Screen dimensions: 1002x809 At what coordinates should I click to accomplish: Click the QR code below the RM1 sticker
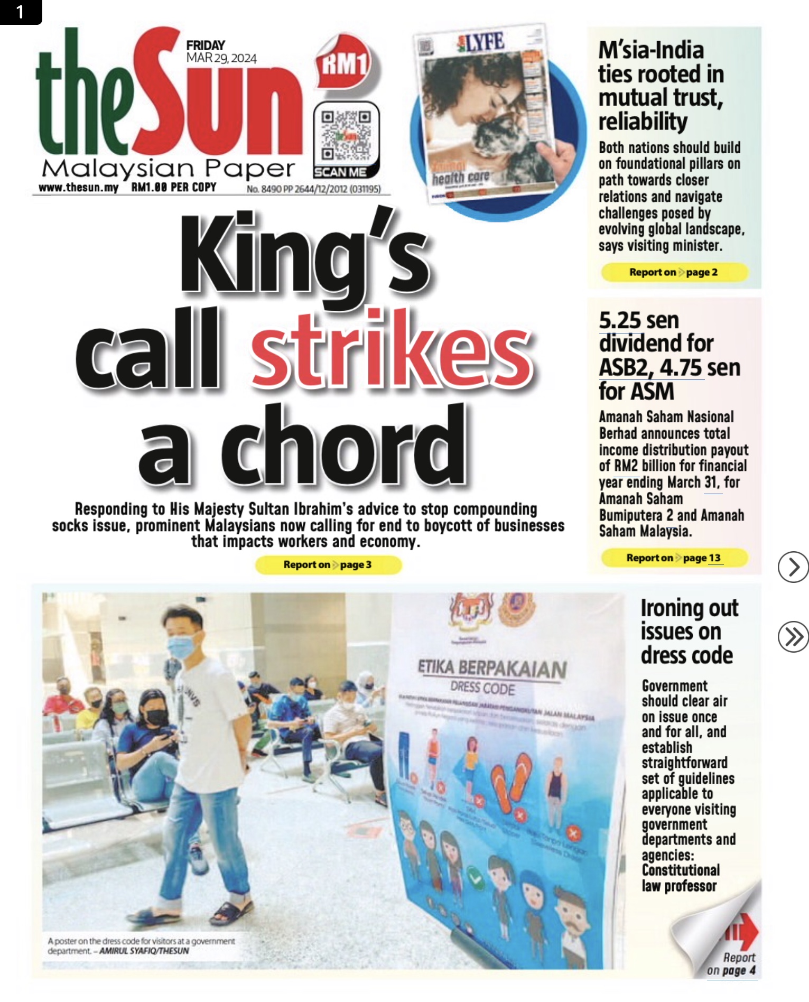click(346, 135)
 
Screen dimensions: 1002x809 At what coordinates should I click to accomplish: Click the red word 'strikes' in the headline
click(392, 350)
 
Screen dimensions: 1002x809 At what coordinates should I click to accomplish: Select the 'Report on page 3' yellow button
click(328, 564)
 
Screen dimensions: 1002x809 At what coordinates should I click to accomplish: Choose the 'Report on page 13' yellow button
click(674, 558)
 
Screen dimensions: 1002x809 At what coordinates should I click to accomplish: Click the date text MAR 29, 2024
click(221, 58)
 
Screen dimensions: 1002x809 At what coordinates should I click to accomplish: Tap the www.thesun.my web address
click(78, 188)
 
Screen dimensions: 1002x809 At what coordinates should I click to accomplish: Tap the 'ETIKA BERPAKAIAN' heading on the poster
click(491, 669)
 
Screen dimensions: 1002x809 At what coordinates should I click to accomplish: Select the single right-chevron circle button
click(793, 567)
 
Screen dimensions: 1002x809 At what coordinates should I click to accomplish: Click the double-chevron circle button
click(793, 637)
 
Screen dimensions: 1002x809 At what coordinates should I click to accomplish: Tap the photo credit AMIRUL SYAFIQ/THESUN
click(144, 951)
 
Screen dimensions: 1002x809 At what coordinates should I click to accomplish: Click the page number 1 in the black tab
click(20, 12)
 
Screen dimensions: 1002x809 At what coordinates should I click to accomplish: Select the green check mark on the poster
click(476, 879)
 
